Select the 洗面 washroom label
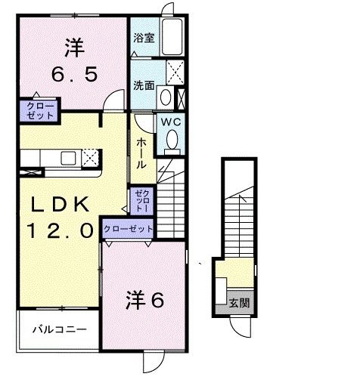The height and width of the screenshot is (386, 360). click(x=144, y=86)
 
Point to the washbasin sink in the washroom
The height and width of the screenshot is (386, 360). click(x=167, y=96)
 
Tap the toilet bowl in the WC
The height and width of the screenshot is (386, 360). click(x=172, y=140)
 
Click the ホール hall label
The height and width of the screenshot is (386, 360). click(x=142, y=153)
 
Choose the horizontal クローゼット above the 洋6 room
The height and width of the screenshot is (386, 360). click(x=128, y=228)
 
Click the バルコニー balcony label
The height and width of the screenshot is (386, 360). click(x=58, y=329)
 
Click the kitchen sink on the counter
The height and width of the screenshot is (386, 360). click(x=67, y=157)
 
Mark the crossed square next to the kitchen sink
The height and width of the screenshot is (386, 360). click(x=90, y=157)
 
